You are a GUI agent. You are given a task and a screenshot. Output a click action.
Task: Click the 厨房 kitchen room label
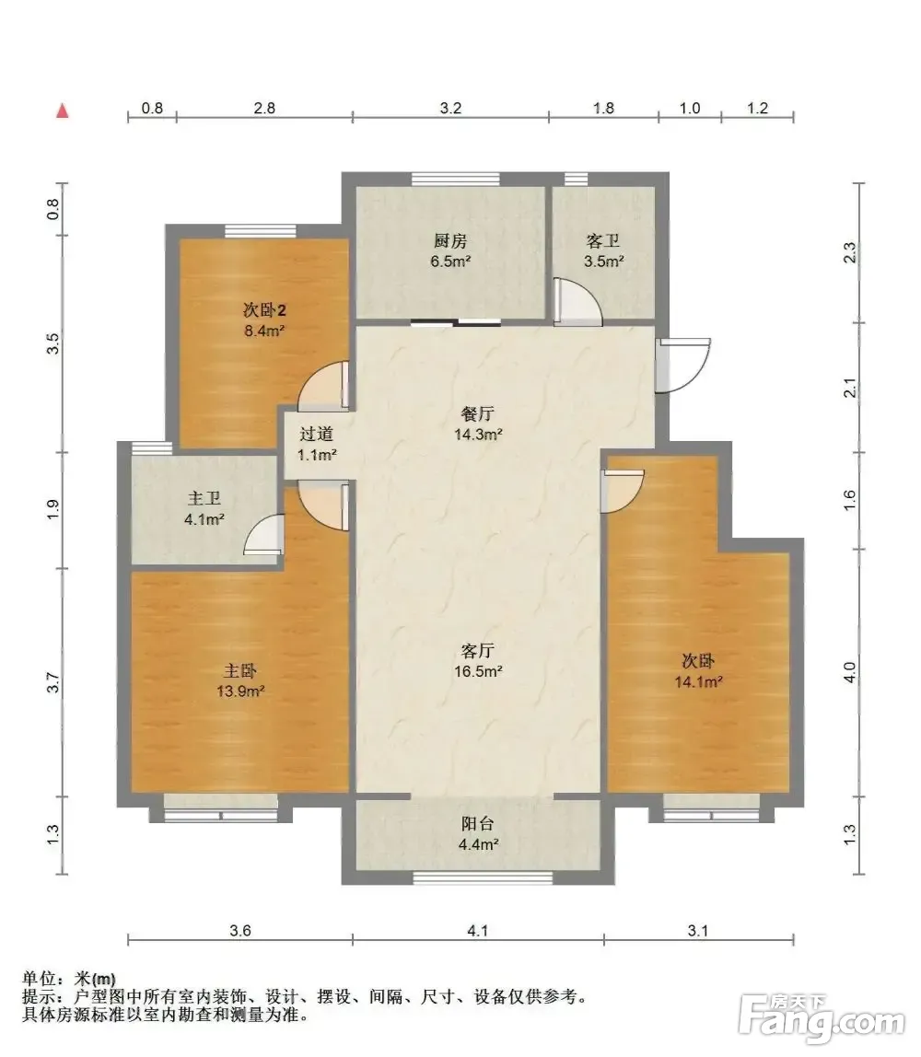tap(450, 250)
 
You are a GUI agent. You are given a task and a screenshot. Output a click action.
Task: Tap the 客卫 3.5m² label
tap(603, 250)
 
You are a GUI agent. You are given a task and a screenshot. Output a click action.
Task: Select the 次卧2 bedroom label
tap(264, 320)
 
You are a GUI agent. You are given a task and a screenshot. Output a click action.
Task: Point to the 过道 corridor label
tap(316, 444)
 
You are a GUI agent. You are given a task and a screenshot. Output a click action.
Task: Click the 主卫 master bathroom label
tap(204, 508)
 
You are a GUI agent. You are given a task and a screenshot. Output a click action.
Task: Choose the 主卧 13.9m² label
tap(240, 680)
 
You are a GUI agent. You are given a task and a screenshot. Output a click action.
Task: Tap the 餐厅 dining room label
tap(477, 424)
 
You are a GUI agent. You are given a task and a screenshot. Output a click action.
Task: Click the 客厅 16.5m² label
tap(477, 661)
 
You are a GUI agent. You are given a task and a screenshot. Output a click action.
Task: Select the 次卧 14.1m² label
tap(698, 670)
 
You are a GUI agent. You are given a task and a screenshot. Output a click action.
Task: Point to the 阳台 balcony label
tap(477, 833)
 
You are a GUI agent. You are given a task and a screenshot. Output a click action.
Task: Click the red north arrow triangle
tap(63, 110)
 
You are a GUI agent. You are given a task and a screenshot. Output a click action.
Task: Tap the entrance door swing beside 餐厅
tap(683, 365)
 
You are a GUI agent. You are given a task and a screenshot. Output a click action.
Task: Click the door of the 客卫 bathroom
tap(577, 302)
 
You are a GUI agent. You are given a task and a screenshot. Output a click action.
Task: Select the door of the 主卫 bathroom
tap(263, 535)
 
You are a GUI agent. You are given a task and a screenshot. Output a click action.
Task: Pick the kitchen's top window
tap(456, 179)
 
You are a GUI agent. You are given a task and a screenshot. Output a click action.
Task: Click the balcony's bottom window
tap(482, 877)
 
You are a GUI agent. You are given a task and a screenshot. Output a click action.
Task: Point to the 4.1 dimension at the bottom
tap(477, 931)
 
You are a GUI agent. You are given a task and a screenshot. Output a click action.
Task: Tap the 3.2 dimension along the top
tap(450, 108)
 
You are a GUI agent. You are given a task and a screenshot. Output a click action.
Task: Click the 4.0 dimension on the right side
tap(849, 673)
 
